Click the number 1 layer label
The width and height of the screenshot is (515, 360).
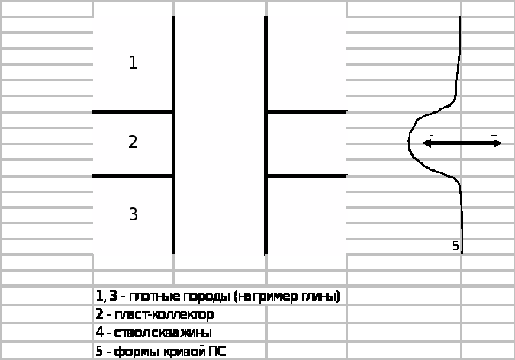[133, 63]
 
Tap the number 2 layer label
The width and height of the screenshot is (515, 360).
[133, 142]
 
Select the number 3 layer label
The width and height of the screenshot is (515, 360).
[133, 214]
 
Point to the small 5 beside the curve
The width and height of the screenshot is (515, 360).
[455, 246]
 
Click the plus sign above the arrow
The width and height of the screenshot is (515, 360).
[494, 136]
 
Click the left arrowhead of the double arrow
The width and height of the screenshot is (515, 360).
[426, 143]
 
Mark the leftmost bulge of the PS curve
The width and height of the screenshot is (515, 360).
[410, 142]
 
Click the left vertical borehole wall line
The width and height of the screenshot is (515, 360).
[173, 133]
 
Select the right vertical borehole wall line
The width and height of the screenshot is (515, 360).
[266, 133]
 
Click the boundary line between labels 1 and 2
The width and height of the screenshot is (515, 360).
[132, 111]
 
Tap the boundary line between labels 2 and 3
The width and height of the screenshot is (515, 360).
[132, 176]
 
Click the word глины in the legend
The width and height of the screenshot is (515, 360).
[322, 296]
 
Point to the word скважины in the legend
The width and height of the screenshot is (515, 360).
[184, 333]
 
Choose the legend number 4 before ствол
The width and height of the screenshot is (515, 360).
[99, 333]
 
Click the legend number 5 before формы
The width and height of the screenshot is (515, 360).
[99, 352]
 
